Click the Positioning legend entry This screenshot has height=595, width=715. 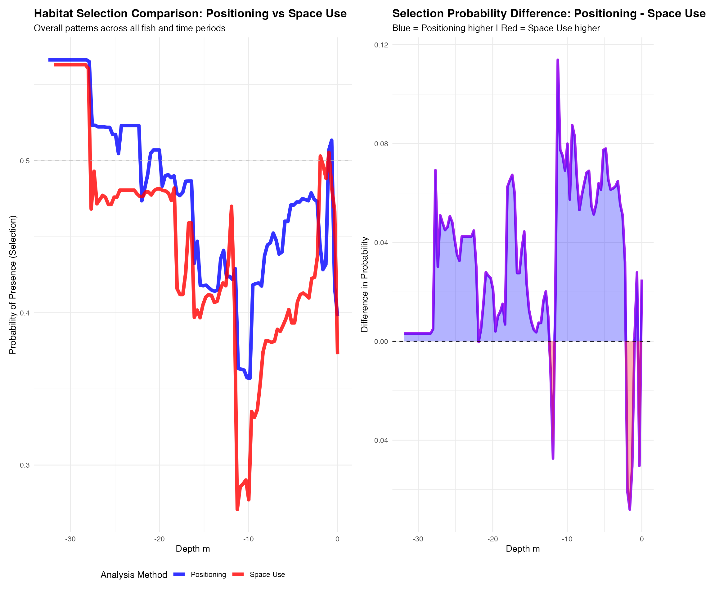[x=208, y=574]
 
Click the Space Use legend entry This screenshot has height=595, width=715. [x=267, y=574]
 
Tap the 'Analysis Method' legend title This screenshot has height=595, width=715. [x=134, y=574]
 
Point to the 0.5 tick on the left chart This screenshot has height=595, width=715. [x=25, y=161]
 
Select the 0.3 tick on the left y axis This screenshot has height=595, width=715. [x=25, y=465]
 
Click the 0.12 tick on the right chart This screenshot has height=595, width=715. [x=381, y=45]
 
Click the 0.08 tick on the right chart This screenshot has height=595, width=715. [x=381, y=144]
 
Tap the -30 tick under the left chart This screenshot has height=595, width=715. [x=70, y=539]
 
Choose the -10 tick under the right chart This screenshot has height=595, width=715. [x=567, y=539]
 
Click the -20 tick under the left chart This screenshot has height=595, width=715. [x=159, y=539]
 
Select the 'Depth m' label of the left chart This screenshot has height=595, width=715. [x=193, y=549]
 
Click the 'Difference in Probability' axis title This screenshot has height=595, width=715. [x=365, y=284]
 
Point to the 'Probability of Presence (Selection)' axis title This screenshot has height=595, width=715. [x=13, y=284]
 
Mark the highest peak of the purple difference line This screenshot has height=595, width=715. [x=558, y=60]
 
